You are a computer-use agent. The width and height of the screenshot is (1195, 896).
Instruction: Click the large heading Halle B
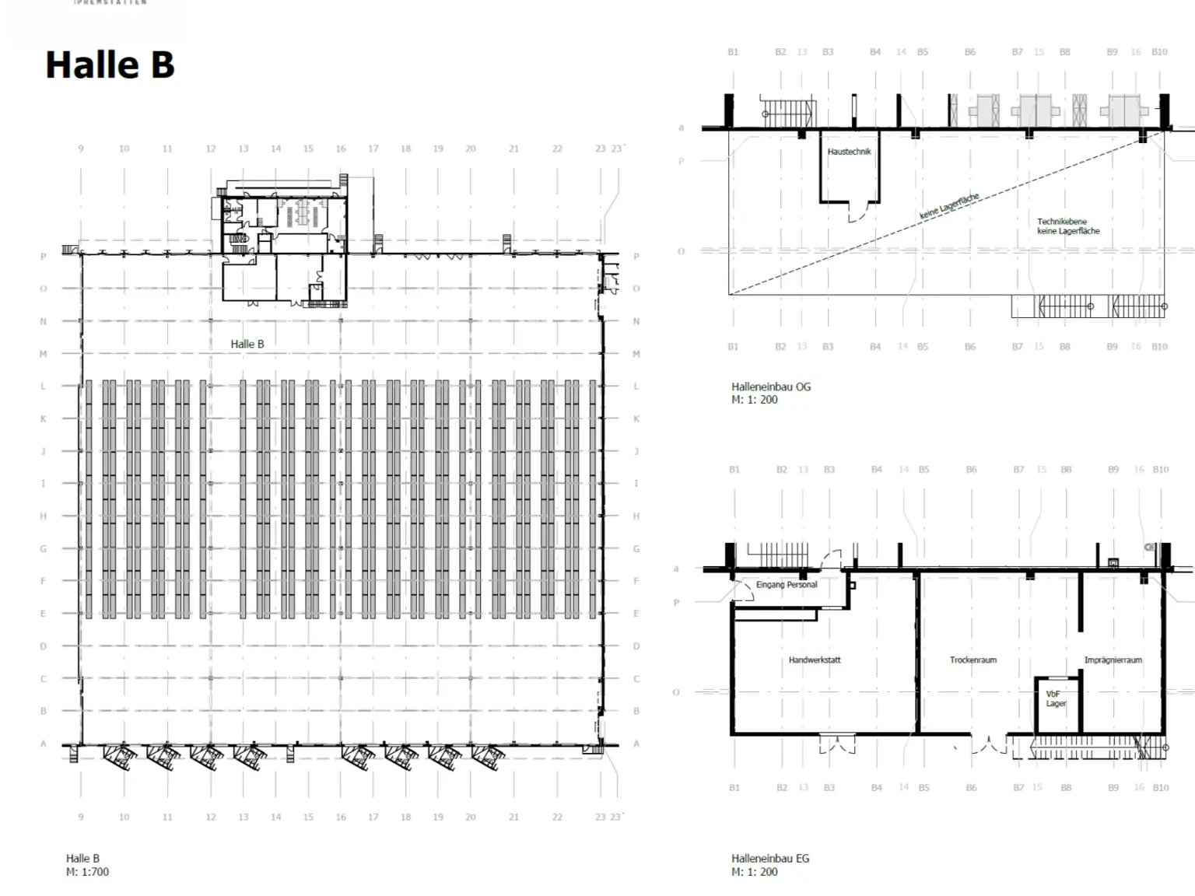[x=110, y=65]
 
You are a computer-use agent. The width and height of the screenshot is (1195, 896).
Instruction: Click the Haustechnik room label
[x=849, y=152]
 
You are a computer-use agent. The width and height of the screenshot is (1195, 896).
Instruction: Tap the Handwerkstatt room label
[x=814, y=660]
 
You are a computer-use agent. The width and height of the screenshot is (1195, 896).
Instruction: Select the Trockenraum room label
[x=972, y=660]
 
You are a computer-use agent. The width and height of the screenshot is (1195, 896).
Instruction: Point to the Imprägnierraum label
[x=1113, y=660]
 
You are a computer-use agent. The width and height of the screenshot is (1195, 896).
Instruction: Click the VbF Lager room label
[x=1055, y=698]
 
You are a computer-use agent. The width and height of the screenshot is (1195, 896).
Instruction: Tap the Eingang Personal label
[x=786, y=585]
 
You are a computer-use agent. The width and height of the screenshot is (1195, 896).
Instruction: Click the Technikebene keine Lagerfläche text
[x=1067, y=226]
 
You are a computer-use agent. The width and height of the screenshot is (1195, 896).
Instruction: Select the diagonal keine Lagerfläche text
[x=949, y=206]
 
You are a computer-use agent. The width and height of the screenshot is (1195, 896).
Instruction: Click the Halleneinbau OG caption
[x=770, y=387]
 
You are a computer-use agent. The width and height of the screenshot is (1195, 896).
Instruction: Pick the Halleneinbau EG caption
[x=769, y=859]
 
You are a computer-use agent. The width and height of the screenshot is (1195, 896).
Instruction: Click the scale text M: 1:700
[x=87, y=872]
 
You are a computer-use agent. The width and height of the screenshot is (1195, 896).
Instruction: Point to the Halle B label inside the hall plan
[x=247, y=344]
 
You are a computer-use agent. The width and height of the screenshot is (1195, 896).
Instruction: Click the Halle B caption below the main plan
[x=82, y=859]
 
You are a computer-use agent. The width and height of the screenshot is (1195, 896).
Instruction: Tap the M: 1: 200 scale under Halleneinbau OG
[x=754, y=400]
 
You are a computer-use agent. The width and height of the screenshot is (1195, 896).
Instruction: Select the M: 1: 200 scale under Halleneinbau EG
[x=754, y=872]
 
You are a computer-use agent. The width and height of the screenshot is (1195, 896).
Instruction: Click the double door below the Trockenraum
[x=989, y=744]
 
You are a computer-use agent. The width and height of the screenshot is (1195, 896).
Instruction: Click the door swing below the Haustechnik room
[x=856, y=213]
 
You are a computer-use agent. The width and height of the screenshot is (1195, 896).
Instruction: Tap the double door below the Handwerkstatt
[x=837, y=744]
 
